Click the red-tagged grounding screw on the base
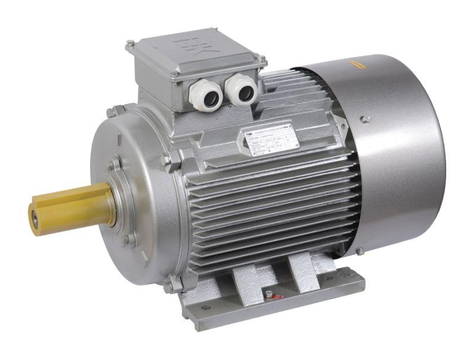coord(269,294)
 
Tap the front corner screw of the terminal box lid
coord(174,75)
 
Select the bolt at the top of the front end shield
coord(111,112)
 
